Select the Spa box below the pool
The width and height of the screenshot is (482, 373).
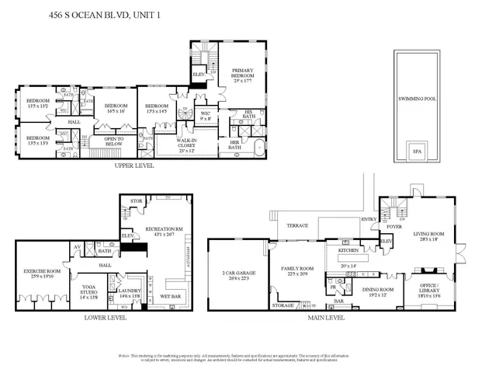click(417, 152)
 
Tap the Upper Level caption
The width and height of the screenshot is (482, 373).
click(133, 166)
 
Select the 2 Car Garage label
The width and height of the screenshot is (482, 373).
click(235, 276)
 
